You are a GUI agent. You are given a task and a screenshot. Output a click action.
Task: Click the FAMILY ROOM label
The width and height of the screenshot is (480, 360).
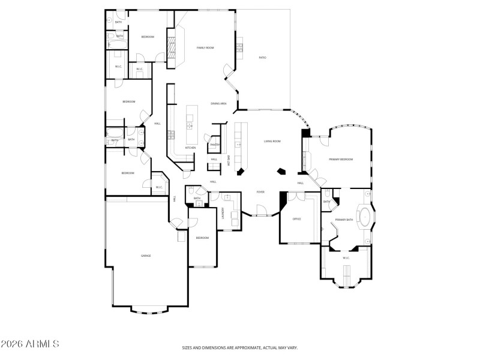[x=205, y=47]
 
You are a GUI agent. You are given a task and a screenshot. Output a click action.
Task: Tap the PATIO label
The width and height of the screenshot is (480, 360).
[x=262, y=58]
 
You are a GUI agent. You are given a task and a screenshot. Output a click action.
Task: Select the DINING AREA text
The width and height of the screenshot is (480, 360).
[x=218, y=103]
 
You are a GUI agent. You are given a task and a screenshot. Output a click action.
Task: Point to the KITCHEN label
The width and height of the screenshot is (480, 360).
[x=190, y=148]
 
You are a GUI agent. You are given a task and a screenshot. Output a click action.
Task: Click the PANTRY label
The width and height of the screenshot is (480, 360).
[x=215, y=145]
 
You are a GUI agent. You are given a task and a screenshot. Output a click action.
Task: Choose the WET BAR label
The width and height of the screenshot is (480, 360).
[x=229, y=161]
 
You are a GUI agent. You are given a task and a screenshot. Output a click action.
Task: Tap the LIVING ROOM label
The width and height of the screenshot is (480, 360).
[x=272, y=141]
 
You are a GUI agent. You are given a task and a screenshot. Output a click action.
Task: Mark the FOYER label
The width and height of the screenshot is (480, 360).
[x=260, y=192]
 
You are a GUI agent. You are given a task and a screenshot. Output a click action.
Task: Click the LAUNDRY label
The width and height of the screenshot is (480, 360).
[x=223, y=214]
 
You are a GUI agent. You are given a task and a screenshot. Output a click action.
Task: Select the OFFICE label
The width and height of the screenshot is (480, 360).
[x=296, y=219]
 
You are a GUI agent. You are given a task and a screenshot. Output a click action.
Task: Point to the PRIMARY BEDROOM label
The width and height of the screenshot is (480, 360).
[x=341, y=160]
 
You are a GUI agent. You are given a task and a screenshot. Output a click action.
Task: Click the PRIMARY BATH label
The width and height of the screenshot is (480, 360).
[x=345, y=220]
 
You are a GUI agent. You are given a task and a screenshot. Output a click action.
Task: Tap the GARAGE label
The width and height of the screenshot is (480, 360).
[x=146, y=256]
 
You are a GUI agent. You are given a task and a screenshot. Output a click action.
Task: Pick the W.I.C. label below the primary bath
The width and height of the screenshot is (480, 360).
[x=346, y=258]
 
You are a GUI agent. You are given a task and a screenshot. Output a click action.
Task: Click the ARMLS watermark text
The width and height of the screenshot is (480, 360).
[x=30, y=344]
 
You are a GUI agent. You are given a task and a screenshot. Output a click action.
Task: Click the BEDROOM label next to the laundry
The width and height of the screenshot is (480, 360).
[x=202, y=238]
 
